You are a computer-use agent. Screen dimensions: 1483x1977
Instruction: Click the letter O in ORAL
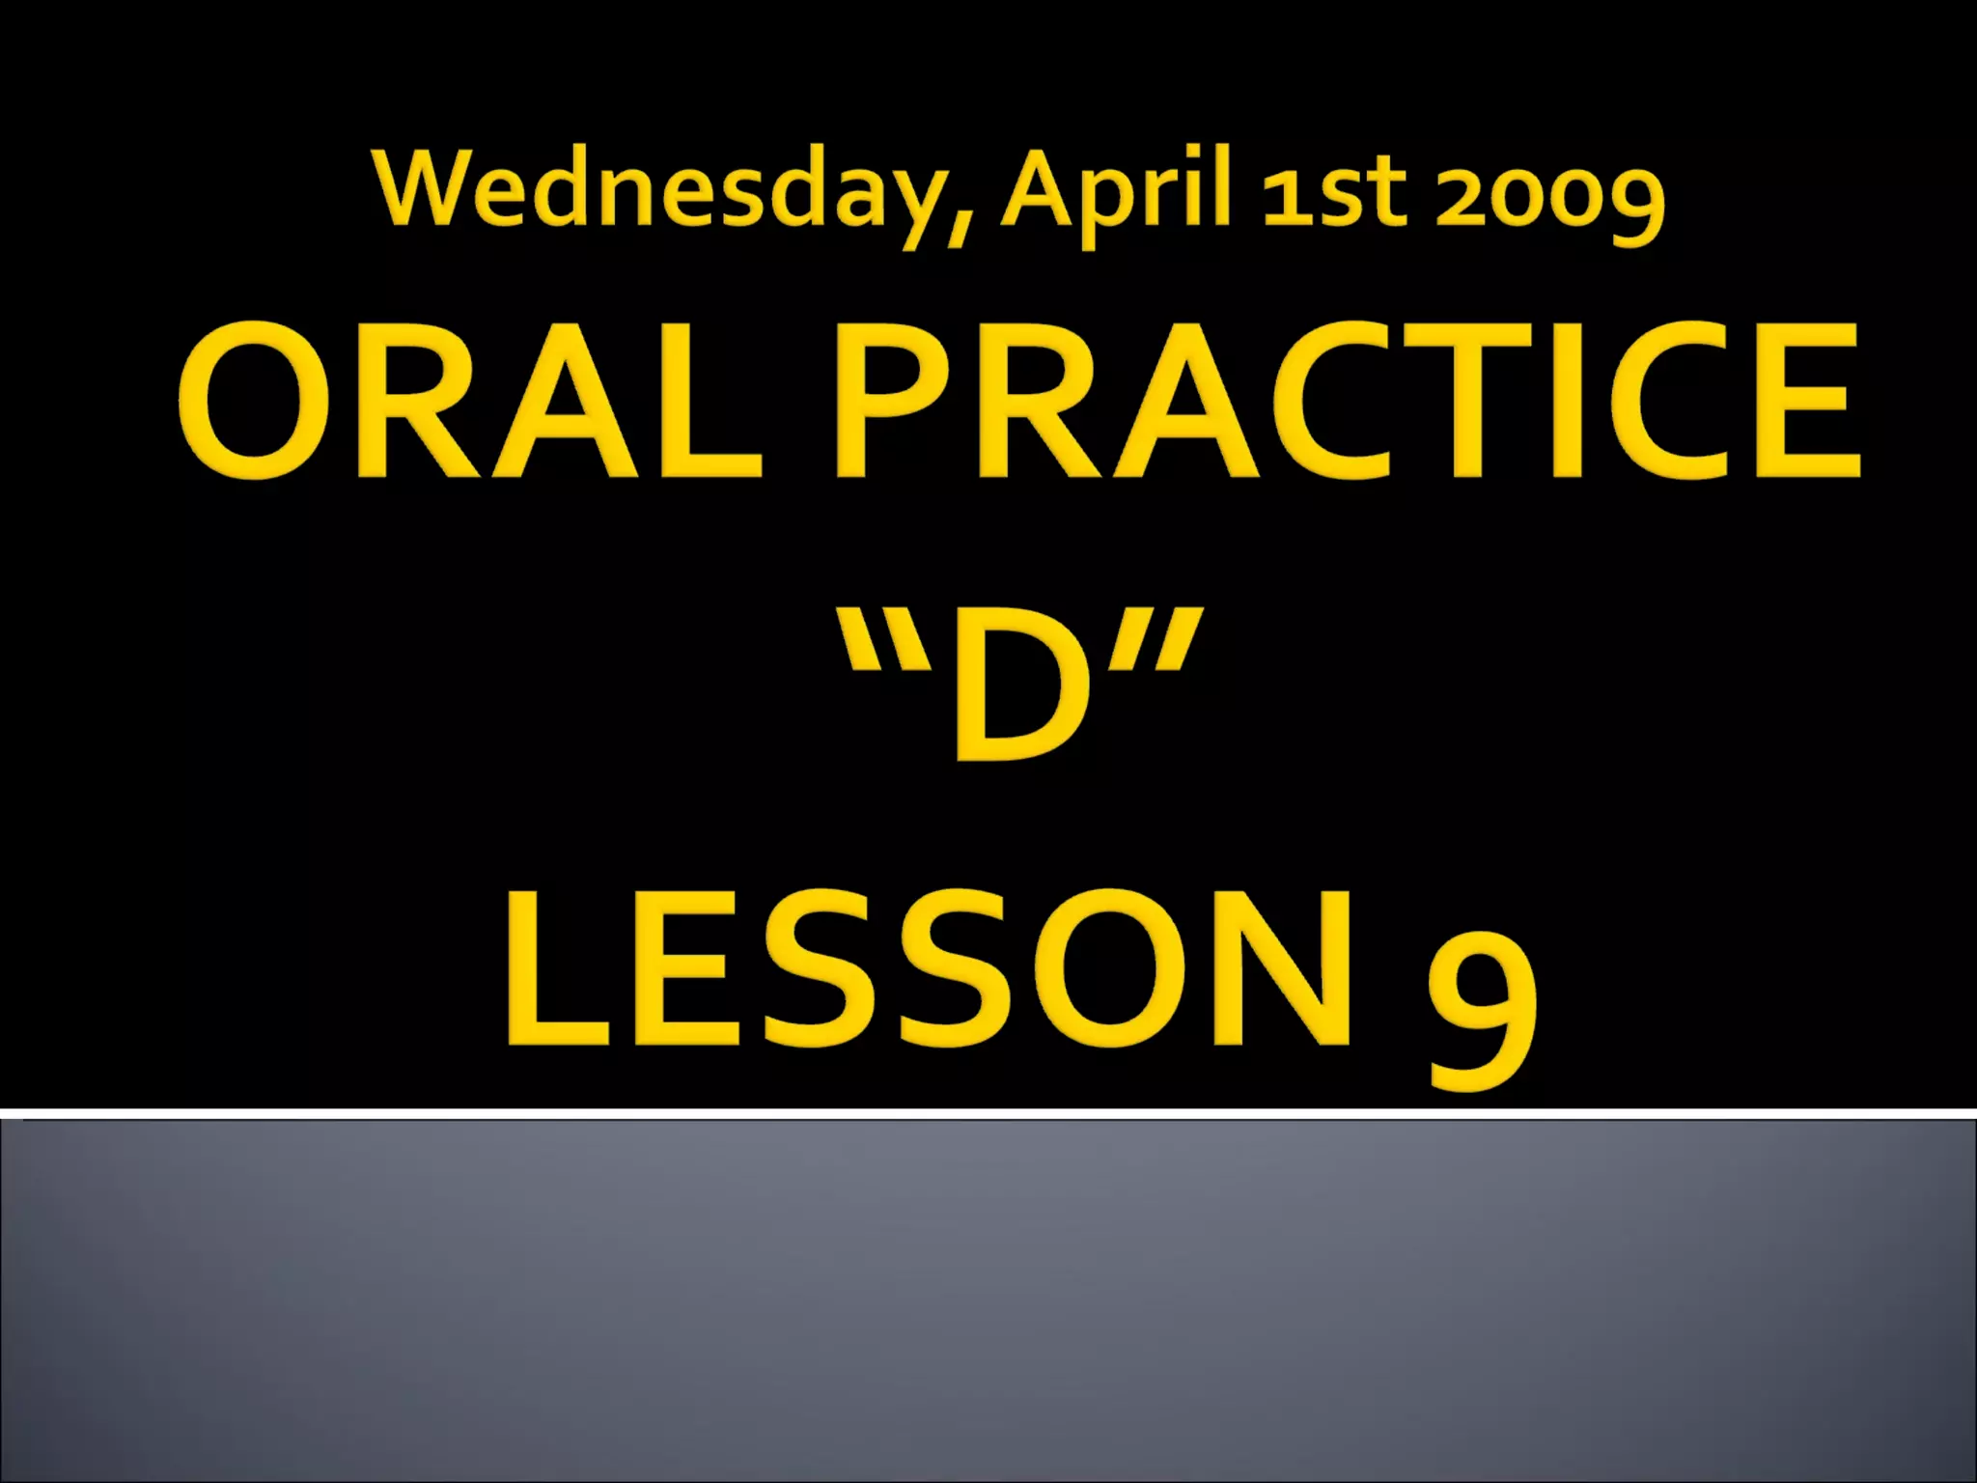coord(255,401)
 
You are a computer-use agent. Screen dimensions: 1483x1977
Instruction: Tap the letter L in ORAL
coord(714,401)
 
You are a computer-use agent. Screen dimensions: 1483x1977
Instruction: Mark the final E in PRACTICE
coord(1806,401)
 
